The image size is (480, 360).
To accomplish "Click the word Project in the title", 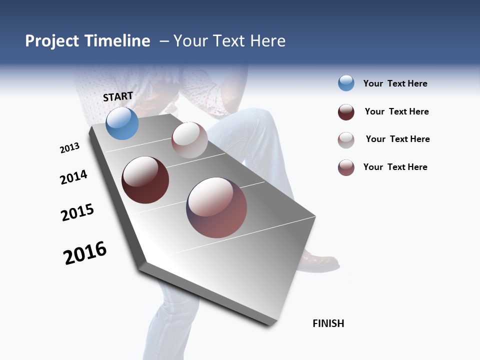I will click(x=52, y=41).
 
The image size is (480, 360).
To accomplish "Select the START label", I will click(x=118, y=96).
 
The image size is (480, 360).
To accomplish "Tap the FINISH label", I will click(x=328, y=323).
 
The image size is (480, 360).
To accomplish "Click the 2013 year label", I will click(x=69, y=148).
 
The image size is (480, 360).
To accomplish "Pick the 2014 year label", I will click(x=73, y=177).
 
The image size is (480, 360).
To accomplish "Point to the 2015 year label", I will click(x=77, y=212).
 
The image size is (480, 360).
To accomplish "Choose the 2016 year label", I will click(x=85, y=252).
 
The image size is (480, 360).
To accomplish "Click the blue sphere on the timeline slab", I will click(x=122, y=123).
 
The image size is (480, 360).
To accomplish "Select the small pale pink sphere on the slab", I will click(x=189, y=140).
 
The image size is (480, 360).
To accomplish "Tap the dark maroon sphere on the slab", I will click(x=145, y=180).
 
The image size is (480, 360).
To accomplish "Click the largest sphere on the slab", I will click(x=216, y=207).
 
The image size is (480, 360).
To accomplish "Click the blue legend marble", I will click(x=346, y=83).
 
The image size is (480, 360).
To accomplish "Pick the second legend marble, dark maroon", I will click(x=346, y=112).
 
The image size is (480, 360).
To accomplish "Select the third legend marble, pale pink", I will click(x=346, y=140).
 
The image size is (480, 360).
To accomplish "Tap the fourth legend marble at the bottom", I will click(x=346, y=167).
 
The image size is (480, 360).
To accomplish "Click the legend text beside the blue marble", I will click(x=395, y=83).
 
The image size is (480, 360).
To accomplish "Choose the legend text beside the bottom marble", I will click(x=395, y=167).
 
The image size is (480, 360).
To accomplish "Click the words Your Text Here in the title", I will click(x=229, y=41).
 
